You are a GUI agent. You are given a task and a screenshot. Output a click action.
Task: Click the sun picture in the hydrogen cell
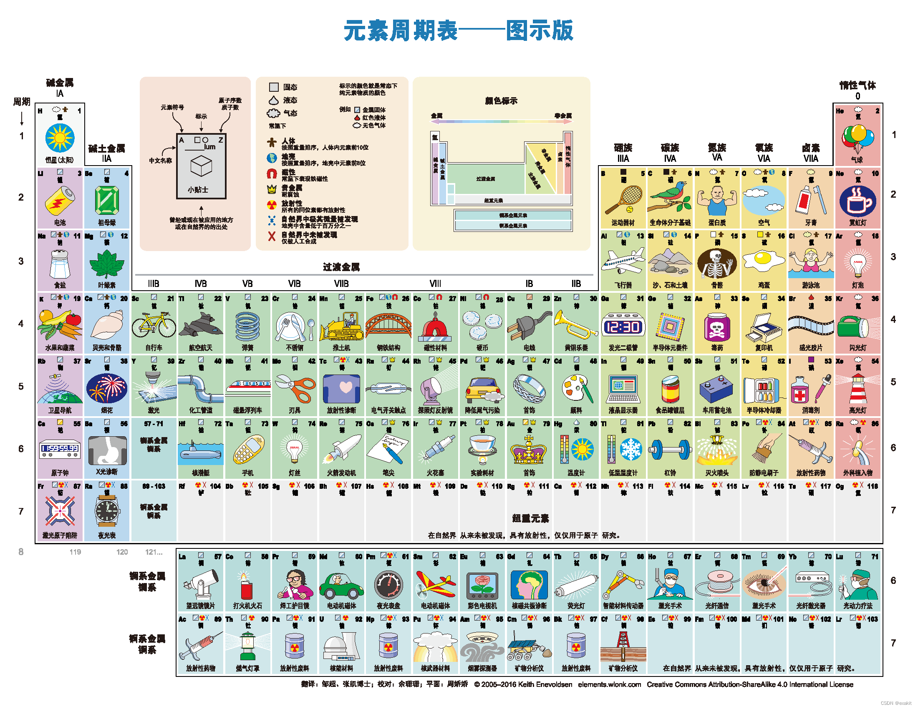(x=60, y=138)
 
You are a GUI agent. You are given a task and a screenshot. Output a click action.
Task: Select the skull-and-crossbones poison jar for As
(x=716, y=327)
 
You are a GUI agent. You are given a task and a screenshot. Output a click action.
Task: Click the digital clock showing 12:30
(x=623, y=327)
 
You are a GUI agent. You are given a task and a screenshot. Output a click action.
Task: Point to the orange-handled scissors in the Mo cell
(x=295, y=388)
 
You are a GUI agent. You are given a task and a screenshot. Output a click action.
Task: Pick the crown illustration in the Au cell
(x=529, y=450)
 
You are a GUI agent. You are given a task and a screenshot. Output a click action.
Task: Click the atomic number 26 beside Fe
(x=405, y=299)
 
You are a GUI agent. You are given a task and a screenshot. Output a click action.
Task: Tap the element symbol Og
(x=840, y=486)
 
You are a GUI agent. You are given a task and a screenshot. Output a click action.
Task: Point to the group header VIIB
(x=341, y=284)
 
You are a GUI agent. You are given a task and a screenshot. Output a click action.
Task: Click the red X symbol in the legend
(x=272, y=236)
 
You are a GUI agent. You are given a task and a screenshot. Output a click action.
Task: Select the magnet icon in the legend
(x=272, y=173)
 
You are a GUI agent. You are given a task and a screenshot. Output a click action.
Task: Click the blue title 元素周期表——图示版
(x=458, y=30)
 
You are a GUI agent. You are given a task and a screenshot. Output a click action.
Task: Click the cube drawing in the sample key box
(x=201, y=166)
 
